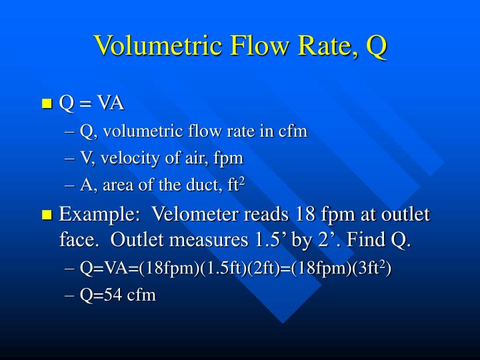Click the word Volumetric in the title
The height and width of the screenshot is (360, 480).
click(159, 45)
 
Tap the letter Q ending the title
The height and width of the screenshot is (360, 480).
click(376, 46)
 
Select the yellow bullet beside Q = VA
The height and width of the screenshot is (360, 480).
click(47, 103)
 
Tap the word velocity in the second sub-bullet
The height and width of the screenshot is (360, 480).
click(131, 158)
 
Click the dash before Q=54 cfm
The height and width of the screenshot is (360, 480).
click(70, 296)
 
